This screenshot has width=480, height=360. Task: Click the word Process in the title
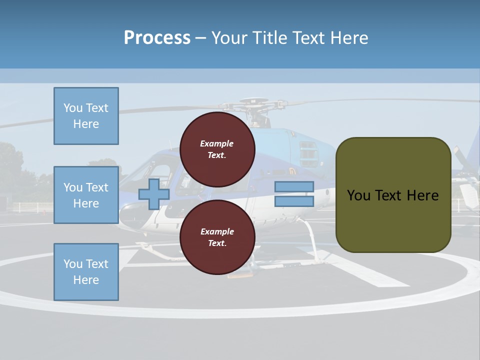coord(157,37)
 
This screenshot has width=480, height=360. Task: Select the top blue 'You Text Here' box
coord(86,116)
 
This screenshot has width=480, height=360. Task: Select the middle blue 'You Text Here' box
coord(86,195)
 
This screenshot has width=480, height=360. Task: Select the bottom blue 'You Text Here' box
coord(86,271)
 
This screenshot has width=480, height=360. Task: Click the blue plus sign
coord(154,194)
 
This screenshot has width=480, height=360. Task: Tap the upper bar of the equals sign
coord(294,187)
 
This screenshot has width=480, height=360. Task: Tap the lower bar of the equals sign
coord(294,201)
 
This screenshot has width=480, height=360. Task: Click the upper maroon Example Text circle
coord(217,149)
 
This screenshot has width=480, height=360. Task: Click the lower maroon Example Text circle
coord(217,237)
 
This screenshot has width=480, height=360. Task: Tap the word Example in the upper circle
coord(217,143)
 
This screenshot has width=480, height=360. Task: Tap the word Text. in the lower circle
coord(217,243)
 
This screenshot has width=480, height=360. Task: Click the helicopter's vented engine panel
coord(308,153)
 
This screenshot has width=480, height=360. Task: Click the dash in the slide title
coord(200,38)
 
